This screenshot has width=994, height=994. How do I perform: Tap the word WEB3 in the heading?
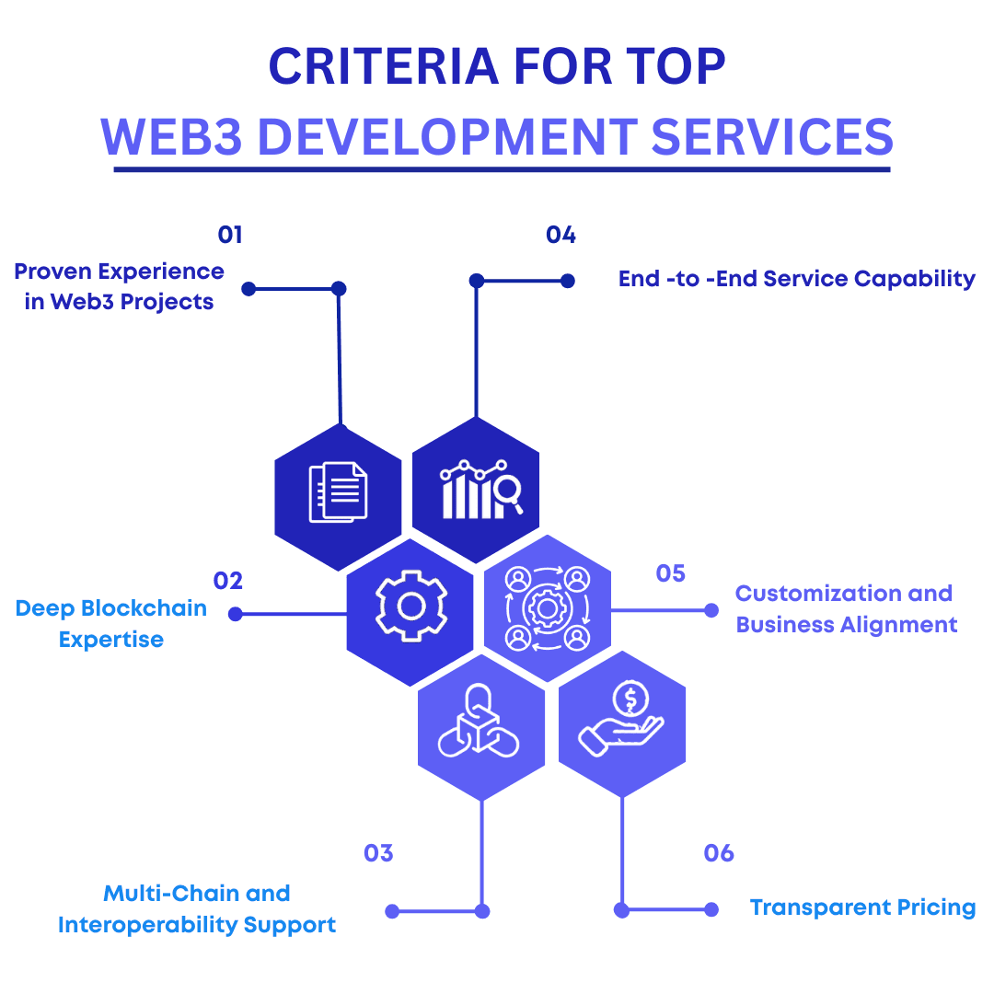[x=171, y=137]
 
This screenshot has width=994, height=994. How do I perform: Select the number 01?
[x=230, y=236]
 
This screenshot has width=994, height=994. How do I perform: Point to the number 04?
[x=561, y=236]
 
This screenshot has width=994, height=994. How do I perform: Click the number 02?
[x=228, y=581]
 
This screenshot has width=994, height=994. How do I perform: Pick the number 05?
[x=671, y=573]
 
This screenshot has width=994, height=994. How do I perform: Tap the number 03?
[x=378, y=853]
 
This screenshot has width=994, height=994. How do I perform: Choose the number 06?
[x=719, y=853]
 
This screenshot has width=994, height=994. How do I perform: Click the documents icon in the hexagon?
[x=338, y=491]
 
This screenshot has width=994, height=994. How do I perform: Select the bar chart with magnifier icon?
[x=481, y=489]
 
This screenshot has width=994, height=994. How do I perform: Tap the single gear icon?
[x=411, y=606]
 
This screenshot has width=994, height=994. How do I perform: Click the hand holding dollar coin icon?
[x=621, y=718]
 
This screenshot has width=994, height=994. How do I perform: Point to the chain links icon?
[x=479, y=721]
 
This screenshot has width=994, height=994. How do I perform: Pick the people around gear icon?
[x=548, y=609]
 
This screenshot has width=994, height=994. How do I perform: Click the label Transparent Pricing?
[x=862, y=907]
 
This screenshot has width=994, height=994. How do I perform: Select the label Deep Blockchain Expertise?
[x=111, y=624]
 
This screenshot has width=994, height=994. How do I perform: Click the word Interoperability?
[x=147, y=925]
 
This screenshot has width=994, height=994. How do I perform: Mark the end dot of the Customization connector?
[x=711, y=610]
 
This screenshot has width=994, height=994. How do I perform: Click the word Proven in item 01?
[x=52, y=272]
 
